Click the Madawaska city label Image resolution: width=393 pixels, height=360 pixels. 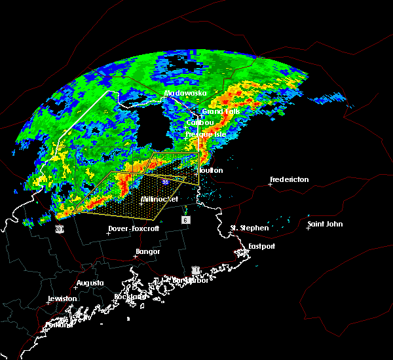coord(185,93)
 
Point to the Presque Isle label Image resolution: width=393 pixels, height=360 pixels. coord(205,134)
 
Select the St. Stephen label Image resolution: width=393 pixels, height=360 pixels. coord(249,228)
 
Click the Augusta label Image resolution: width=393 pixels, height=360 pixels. coord(90,283)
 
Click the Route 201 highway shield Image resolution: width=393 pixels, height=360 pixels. coord(60,229)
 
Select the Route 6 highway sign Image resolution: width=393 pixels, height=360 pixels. coord(186,221)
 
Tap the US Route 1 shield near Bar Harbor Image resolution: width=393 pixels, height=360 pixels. coord(195,270)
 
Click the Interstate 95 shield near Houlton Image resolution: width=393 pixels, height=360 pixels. coord(166,181)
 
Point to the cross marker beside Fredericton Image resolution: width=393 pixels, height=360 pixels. coord(271,185)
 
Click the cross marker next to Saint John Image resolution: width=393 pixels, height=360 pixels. coord(309,228)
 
